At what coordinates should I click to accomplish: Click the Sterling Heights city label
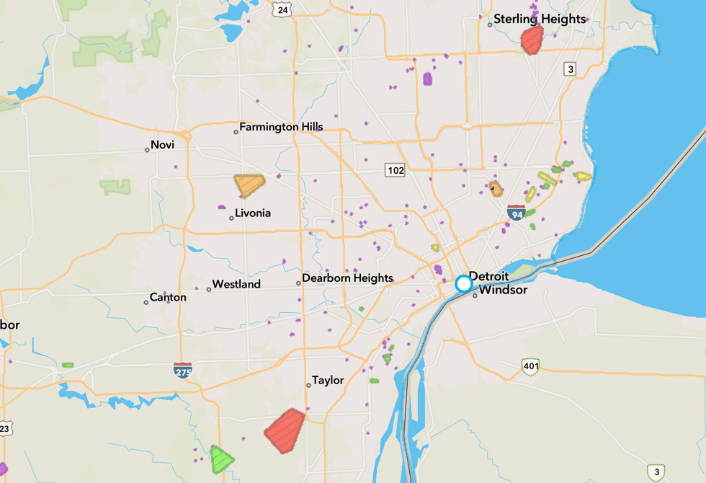coord(540,19)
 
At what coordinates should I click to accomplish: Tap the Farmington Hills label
coord(281,128)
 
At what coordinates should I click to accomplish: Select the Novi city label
coord(163,145)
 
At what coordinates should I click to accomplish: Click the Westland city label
coord(236,285)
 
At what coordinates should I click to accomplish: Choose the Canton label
coord(169,298)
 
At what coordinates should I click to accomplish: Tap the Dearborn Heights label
coord(347,278)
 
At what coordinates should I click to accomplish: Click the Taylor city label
coord(328,381)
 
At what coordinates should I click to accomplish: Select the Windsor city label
coord(503,291)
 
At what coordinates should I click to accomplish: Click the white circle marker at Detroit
coord(464,283)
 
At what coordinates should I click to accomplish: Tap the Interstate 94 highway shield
coord(515,212)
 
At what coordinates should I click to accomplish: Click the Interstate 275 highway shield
coord(183,371)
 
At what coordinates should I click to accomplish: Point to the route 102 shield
coord(395,170)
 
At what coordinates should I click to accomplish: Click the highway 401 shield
coord(531,367)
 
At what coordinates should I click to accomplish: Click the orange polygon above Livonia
coord(249,185)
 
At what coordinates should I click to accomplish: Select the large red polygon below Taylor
coord(285,430)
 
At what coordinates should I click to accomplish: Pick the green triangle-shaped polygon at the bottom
coord(221,459)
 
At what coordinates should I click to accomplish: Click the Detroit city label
coord(489,276)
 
